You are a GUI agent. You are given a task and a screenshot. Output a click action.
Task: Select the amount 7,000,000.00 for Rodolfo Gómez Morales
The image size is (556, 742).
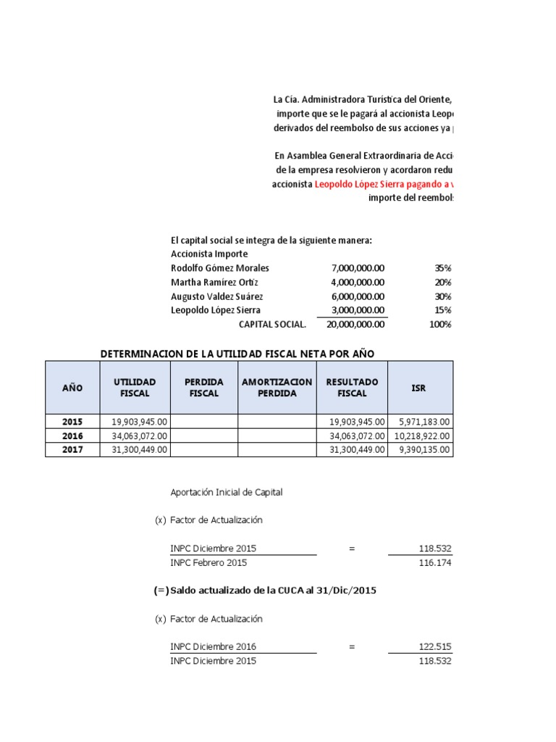point(358,268)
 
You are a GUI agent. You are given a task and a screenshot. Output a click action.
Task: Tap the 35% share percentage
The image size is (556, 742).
point(442,268)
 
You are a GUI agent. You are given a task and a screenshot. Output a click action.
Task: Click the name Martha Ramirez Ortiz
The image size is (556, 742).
point(214,282)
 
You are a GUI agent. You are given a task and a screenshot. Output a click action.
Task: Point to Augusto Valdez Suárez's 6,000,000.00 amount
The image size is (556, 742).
point(358,296)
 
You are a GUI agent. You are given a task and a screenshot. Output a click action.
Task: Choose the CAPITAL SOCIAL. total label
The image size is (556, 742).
point(272,324)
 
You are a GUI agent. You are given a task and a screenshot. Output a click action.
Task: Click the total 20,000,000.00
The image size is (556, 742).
point(355,324)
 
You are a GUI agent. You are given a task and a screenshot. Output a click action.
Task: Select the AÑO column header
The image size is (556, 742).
point(72,388)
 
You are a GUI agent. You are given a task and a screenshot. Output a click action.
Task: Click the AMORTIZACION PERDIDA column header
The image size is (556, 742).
point(277,388)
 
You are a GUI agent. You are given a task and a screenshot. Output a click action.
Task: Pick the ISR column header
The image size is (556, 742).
point(418,388)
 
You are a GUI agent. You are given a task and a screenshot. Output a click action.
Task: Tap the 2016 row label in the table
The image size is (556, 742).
point(72,436)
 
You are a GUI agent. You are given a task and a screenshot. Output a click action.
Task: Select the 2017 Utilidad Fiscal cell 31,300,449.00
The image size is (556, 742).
point(140,450)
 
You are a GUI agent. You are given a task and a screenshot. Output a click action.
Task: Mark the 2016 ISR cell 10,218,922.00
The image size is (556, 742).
point(421,436)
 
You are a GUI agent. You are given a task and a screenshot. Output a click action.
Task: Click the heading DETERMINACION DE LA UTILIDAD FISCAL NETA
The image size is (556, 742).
point(237,353)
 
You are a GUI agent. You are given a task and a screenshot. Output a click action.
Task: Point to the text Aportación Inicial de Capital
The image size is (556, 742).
point(227,492)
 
